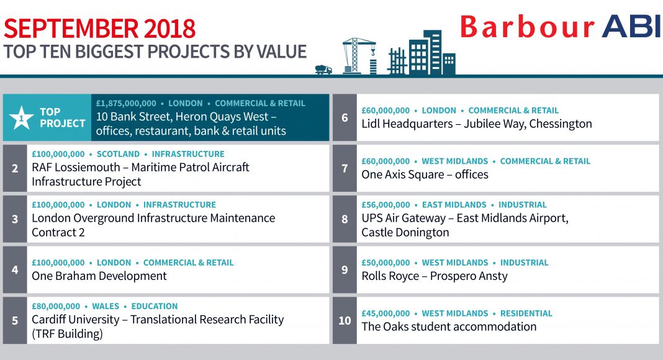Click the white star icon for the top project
pyautogui.click(x=21, y=117)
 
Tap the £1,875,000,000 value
pyautogui.click(x=126, y=104)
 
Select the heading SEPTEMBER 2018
pyautogui.click(x=99, y=29)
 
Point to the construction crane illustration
pyautogui.click(x=359, y=56)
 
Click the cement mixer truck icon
pyautogui.click(x=323, y=70)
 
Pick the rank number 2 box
pyautogui.click(x=15, y=168)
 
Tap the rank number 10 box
pyautogui.click(x=345, y=320)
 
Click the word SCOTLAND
pyautogui.click(x=118, y=154)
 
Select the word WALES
pyautogui.click(x=106, y=307)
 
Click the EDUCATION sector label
pyautogui.click(x=155, y=307)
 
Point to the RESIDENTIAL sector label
pyautogui.click(x=526, y=313)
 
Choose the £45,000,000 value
pyautogui.click(x=386, y=313)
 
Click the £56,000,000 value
pyautogui.click(x=386, y=205)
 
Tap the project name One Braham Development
pyautogui.click(x=99, y=276)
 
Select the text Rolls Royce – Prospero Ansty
pyautogui.click(x=435, y=276)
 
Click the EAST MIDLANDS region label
pyautogui.click(x=454, y=205)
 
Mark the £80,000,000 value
pyautogui.click(x=56, y=307)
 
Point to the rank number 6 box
pyautogui.click(x=345, y=117)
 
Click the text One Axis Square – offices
pyautogui.click(x=425, y=174)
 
